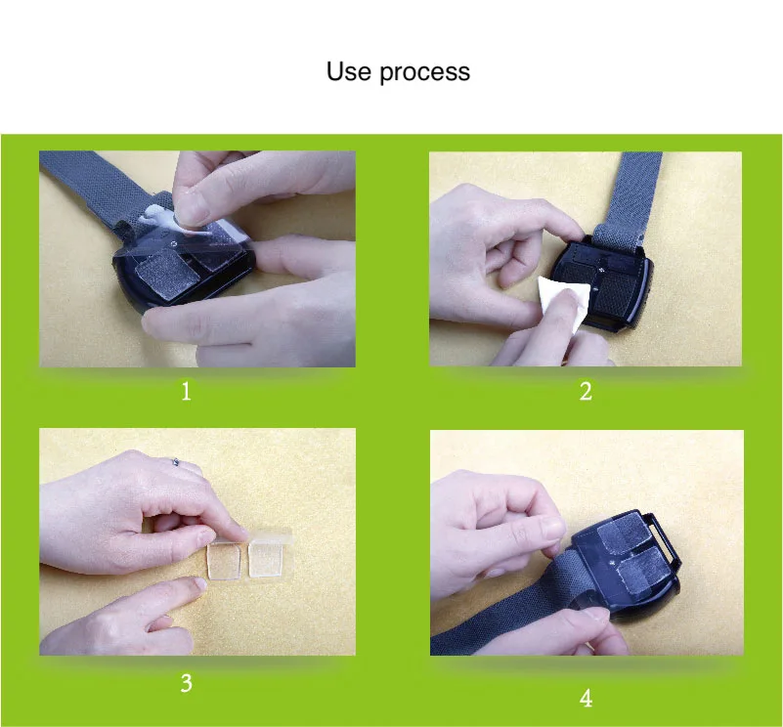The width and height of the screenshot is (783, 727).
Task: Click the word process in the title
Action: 424,73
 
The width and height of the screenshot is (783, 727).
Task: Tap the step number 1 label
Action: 186,391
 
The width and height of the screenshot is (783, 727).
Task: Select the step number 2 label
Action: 586,391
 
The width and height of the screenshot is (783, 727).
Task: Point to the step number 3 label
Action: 187,683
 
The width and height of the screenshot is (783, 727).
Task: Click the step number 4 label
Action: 586,698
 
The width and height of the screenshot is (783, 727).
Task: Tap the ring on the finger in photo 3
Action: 176,462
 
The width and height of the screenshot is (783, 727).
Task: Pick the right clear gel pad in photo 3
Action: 269,554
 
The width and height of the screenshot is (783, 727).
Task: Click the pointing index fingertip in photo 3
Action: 197,583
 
